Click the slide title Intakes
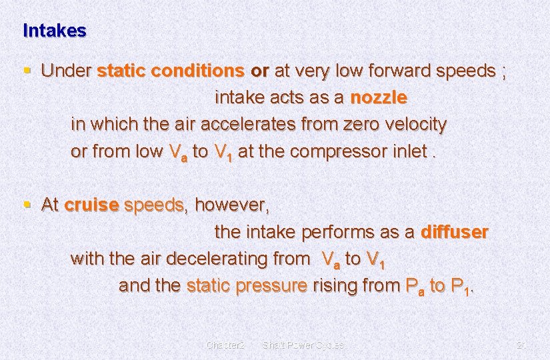(55, 31)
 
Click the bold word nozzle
(379, 97)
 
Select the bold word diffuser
(455, 233)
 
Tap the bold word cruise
(91, 205)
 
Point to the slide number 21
(521, 345)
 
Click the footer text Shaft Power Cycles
(303, 345)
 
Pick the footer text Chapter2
(225, 345)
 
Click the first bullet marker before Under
(26, 70)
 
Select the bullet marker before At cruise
(26, 205)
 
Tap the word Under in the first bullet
(66, 71)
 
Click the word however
(231, 205)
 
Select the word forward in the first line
(395, 71)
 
